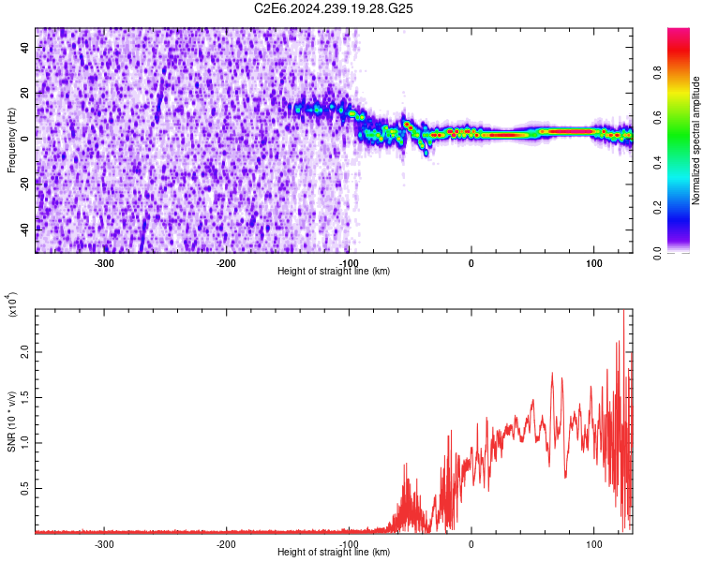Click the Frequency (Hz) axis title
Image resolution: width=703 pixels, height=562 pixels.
[x=11, y=140]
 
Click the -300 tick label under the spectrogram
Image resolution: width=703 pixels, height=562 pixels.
[x=104, y=262]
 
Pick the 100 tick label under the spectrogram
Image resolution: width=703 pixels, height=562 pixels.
[x=593, y=262]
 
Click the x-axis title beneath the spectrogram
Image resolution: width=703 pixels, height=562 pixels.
[x=334, y=272]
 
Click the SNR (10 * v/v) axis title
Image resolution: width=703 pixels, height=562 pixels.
[x=11, y=421]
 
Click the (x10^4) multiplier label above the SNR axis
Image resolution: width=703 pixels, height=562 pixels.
[x=11, y=305]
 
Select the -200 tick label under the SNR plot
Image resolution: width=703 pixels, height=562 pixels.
[x=226, y=543]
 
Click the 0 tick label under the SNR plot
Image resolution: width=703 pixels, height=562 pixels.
[x=471, y=543]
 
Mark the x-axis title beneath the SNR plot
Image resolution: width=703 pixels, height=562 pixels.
[x=334, y=553]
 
